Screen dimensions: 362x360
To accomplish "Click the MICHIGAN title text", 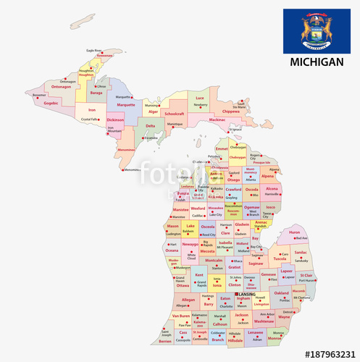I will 316,62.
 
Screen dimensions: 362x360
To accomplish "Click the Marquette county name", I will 126,104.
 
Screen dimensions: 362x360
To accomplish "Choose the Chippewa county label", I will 230,111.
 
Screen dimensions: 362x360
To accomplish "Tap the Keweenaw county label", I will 105,55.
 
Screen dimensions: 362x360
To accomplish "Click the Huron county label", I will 294,232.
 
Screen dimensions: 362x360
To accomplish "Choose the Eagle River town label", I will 94,51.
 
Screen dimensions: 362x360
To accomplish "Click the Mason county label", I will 172,226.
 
